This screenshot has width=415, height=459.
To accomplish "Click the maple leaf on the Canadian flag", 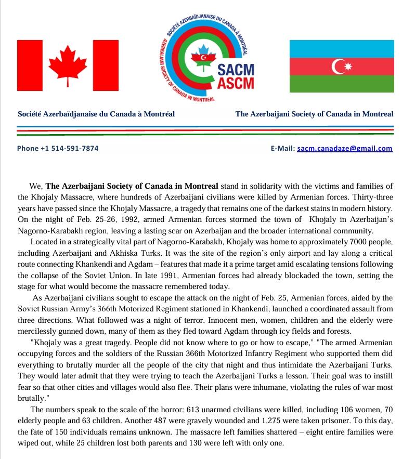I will (68, 65).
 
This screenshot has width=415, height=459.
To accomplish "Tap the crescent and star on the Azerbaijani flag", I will (342, 67).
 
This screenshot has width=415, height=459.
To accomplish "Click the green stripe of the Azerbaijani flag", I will (342, 84).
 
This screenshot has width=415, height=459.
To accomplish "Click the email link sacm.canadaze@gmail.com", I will (344, 148).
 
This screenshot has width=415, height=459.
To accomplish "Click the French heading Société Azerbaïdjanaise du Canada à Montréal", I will (96, 114).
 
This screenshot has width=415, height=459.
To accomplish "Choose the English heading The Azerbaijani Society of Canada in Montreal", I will (314, 114).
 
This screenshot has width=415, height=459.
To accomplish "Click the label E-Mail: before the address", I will (283, 148).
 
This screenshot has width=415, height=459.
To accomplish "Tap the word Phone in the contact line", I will (28, 148).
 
